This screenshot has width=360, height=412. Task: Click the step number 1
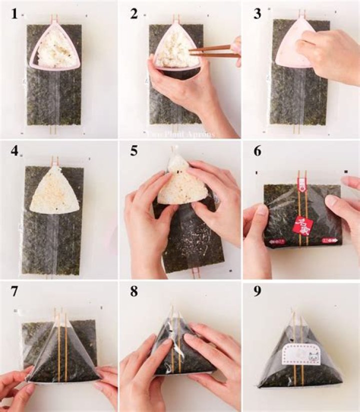coord(14,14)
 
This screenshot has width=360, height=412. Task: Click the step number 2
coord(133,14)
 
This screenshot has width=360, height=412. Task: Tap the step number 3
coord(257,14)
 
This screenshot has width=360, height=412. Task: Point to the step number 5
coord(134,151)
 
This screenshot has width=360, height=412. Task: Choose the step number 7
coord(14,291)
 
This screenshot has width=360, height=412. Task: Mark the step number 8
coord(134,291)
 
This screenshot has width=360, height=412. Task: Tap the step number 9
coord(257,291)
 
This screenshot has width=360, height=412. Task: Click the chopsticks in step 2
coord(212,50)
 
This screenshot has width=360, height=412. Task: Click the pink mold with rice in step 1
coord(55,48)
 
